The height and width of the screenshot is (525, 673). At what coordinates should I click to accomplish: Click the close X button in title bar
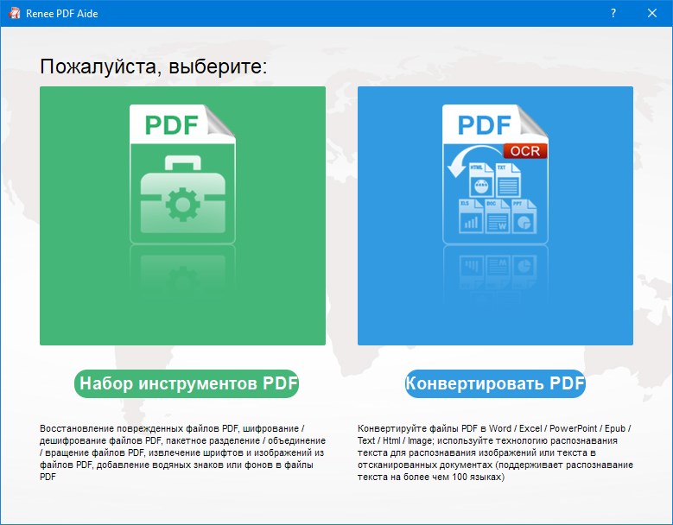pos(652,13)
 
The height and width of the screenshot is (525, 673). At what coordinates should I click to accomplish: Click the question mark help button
pos(613,13)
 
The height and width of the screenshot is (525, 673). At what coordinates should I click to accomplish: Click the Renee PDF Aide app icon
pos(14,13)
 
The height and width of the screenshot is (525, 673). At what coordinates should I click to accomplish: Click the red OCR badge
pos(524,150)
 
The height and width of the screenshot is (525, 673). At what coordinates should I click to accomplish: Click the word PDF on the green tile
pos(171,126)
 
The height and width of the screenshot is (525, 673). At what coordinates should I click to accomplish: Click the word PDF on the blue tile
pos(484,126)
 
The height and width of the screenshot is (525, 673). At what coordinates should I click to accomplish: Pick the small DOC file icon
pos(497,215)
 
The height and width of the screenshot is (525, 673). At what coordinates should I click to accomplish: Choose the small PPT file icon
pos(523,215)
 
